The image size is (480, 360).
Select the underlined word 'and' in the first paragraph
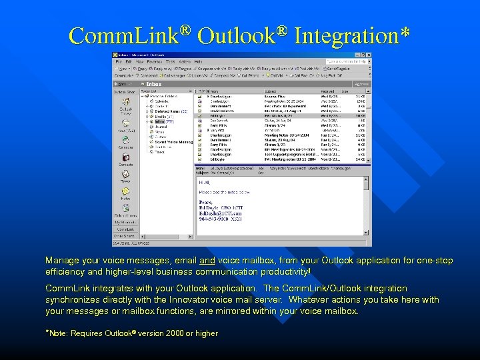[x=207, y=261]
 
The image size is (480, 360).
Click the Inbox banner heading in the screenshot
[x=154, y=84]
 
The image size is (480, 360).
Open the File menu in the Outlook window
[x=118, y=61]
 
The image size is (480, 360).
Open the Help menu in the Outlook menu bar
[x=197, y=61]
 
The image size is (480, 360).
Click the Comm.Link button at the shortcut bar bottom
[x=125, y=229]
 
